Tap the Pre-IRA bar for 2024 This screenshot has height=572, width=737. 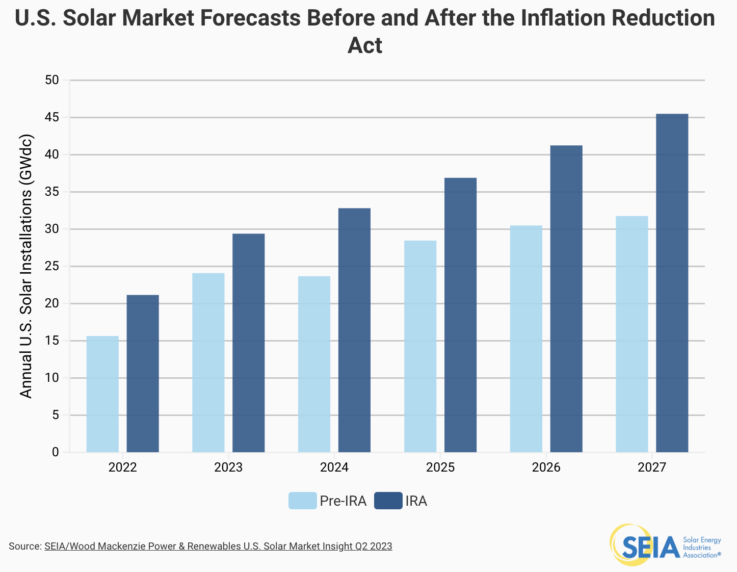tap(314, 364)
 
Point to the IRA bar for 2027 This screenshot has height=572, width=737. tap(672, 283)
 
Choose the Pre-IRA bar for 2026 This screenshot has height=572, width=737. tap(526, 339)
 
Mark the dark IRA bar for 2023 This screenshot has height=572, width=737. tap(249, 343)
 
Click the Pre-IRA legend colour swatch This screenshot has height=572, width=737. tap(303, 501)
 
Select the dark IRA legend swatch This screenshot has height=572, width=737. tap(388, 501)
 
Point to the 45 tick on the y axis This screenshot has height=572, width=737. tap(52, 117)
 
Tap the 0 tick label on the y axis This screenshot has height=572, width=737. tap(56, 452)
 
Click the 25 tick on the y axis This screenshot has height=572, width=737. tap(52, 266)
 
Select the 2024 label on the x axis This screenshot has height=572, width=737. tap(334, 467)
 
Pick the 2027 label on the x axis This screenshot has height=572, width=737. tap(652, 467)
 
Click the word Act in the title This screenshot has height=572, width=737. tap(365, 45)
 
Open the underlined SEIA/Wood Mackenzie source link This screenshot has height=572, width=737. tap(218, 547)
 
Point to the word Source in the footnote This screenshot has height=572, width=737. tap(24, 547)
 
